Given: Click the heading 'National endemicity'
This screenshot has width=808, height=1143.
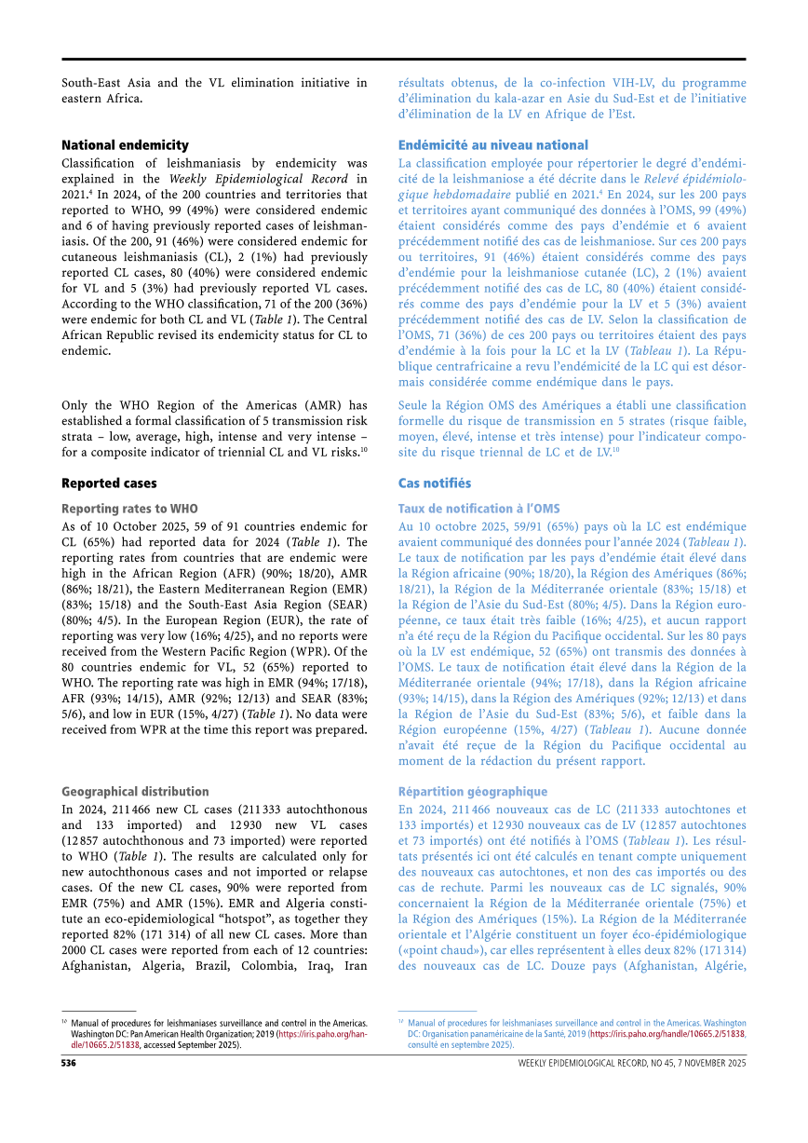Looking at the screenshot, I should [x=125, y=145].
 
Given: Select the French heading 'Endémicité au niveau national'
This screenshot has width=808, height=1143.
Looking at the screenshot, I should [x=492, y=145].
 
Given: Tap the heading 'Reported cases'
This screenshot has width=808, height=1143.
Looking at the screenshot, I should [x=109, y=483].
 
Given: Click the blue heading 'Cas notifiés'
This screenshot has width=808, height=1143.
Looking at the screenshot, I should [x=434, y=483].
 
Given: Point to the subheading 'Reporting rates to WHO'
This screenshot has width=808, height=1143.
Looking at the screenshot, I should [x=129, y=509].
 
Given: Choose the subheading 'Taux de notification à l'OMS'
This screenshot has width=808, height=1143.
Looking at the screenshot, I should [x=478, y=509].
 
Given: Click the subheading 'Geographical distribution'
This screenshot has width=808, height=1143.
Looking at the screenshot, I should [x=135, y=792].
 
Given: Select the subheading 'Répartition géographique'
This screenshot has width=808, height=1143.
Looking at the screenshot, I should [x=472, y=792].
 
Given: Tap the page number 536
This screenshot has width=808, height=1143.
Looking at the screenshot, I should [x=69, y=1063].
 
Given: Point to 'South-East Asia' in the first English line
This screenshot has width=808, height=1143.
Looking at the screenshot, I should [x=109, y=83].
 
